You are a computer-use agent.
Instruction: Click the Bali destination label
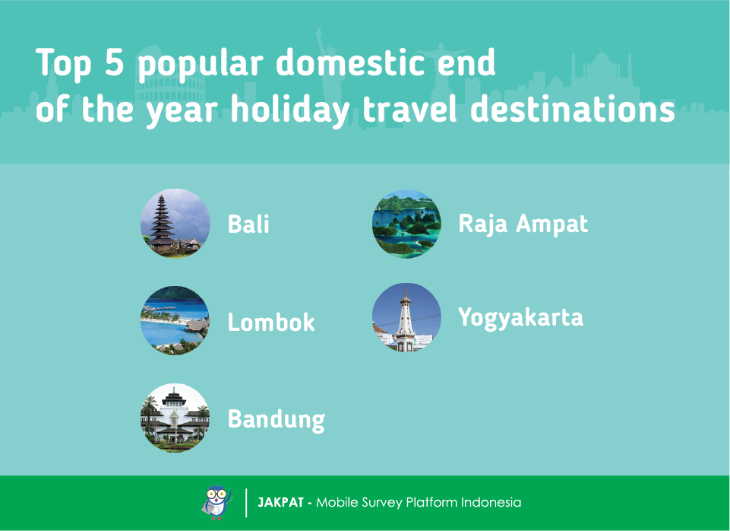coord(248,224)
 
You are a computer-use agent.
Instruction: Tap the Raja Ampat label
coord(523,224)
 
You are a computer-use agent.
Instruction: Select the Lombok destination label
coord(271,322)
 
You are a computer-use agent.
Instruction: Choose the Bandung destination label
coord(276,420)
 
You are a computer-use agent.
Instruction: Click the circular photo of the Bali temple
coord(175,224)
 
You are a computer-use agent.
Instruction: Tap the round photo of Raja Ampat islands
coord(406,224)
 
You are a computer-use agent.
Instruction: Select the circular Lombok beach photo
coord(175,320)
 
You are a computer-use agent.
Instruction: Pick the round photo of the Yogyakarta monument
coord(406,317)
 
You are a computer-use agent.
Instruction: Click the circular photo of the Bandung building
coord(175,418)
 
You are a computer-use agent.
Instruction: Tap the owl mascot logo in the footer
coord(217,503)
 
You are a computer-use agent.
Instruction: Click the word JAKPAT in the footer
coord(281,503)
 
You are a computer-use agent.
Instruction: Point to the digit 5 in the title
coord(114,62)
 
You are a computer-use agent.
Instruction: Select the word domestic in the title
coord(350,62)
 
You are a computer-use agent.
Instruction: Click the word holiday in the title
coord(290,110)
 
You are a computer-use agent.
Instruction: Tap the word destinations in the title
coord(573,109)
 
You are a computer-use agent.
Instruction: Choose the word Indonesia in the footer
coord(491,503)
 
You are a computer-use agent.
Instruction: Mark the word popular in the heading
coord(201,65)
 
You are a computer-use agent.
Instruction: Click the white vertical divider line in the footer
coord(246,503)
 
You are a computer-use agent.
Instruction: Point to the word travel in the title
coord(409,109)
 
